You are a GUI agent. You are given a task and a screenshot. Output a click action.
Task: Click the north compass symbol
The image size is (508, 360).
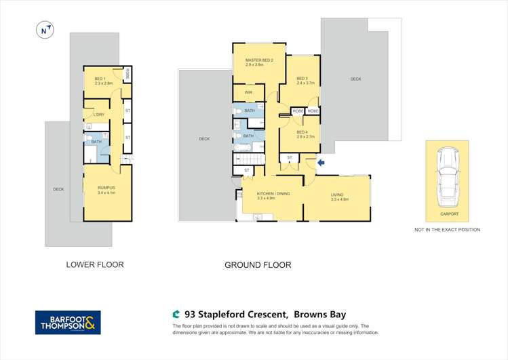[x=45, y=31]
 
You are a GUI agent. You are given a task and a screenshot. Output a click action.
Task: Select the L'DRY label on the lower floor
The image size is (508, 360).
[x=99, y=114]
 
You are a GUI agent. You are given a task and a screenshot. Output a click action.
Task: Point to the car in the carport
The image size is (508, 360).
[x=447, y=178]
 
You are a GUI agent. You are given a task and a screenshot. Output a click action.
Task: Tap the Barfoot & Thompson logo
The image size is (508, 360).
[x=68, y=322]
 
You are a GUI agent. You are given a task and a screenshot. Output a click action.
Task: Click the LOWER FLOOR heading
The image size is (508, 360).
[x=94, y=264]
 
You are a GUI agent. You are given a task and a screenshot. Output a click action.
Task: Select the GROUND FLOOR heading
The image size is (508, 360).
[x=258, y=265]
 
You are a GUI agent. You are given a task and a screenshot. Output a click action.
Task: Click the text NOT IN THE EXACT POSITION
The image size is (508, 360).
[x=447, y=230]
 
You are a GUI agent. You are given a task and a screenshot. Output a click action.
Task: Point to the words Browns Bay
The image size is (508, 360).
[x=321, y=314]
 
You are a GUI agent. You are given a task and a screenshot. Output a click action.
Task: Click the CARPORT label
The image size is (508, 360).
[x=449, y=214]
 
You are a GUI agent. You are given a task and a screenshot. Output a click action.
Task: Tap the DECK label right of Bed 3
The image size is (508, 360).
[x=355, y=79]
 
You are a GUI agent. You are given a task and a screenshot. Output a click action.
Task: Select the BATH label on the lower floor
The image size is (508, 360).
[x=96, y=142]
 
